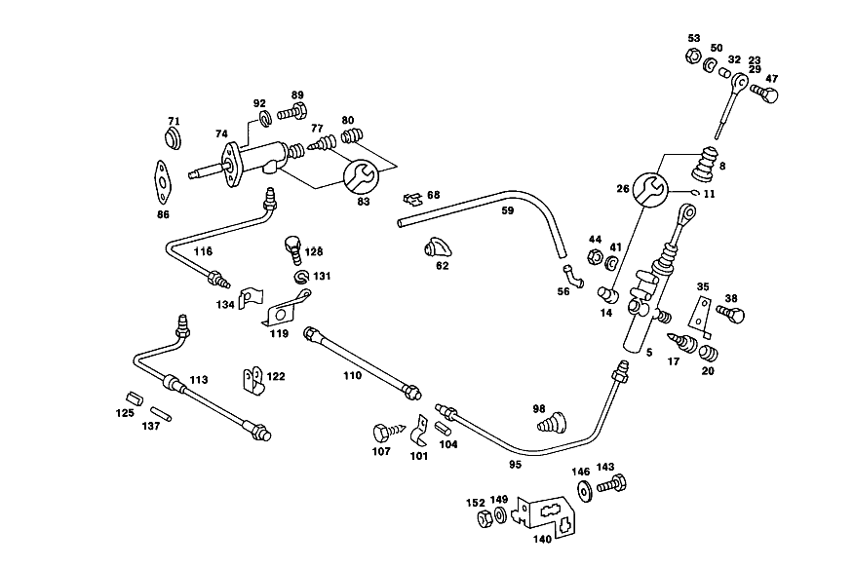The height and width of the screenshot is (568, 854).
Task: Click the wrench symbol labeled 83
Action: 360,175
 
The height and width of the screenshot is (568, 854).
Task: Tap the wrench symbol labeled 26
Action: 651,190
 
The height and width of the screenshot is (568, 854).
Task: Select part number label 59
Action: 508,210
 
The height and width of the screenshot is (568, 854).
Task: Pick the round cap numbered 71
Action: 174,138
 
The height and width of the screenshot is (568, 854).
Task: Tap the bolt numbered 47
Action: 764,93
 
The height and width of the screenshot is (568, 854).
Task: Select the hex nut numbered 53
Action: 693,56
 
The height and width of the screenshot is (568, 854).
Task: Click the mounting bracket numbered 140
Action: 545,514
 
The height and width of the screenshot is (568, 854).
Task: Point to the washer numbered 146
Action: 584,491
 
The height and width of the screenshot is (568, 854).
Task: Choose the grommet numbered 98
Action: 551,423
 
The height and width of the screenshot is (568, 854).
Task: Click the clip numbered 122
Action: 253,380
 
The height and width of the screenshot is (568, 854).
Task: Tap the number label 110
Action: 352,375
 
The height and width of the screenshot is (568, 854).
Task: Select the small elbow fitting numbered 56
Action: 573,276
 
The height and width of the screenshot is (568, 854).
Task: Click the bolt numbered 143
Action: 611,483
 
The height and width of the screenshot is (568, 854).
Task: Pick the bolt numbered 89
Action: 291,111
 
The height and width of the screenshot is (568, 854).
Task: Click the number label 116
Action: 203,251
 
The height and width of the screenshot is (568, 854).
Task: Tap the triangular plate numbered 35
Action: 700,318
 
